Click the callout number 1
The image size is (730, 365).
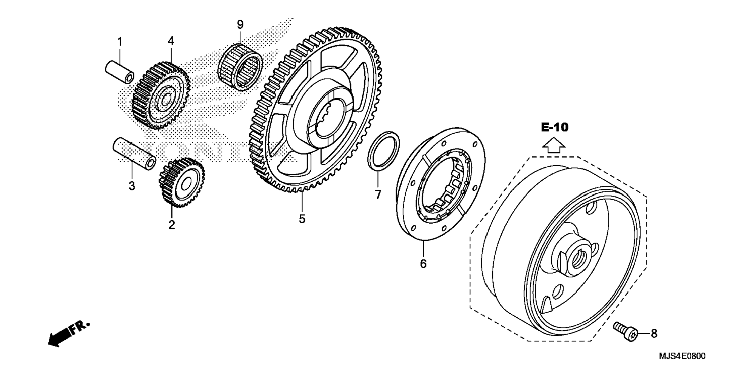(120, 42)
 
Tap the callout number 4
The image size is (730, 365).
(171, 41)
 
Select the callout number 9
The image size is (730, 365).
(240, 25)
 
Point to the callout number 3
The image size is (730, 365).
(132, 186)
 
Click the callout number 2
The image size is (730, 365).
(172, 225)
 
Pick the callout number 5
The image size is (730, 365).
(302, 219)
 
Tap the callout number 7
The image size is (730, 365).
(378, 195)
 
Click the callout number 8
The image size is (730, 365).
(654, 333)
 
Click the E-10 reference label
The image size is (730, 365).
(554, 127)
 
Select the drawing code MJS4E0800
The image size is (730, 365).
(682, 356)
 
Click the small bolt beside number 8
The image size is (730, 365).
(626, 331)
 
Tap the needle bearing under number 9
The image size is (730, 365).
(240, 67)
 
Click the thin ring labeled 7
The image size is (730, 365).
(383, 151)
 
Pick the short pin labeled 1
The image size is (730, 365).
(119, 72)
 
